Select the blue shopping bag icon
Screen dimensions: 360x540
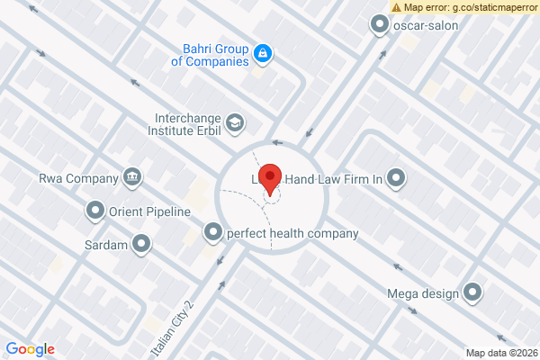click(x=262, y=54)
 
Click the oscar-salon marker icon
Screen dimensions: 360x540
click(x=379, y=25)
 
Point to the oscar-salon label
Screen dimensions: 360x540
click(x=427, y=25)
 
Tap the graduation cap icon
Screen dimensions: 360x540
click(x=234, y=121)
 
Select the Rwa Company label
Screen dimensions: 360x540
click(x=78, y=176)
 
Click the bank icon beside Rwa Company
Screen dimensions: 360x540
click(x=132, y=175)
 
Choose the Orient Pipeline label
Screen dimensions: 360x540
click(x=149, y=212)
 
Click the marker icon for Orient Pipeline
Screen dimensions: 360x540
click(x=94, y=212)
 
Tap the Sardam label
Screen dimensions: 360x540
click(x=106, y=244)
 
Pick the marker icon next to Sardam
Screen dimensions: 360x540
click(x=142, y=243)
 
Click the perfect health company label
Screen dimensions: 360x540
click(x=292, y=234)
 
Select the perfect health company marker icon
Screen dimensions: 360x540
click(x=213, y=233)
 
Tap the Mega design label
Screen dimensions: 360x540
click(x=423, y=292)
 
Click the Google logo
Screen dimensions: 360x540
click(x=30, y=349)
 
